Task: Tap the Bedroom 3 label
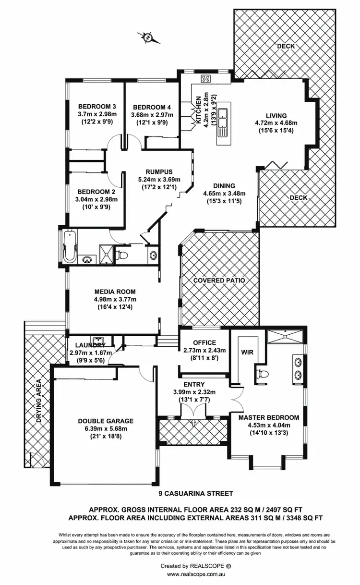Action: point(97,107)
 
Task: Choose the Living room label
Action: point(277,115)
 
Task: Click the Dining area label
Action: point(224,186)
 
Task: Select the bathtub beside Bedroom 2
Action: point(70,246)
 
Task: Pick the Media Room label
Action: point(115,292)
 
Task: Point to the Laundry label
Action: point(90,345)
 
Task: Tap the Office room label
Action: point(205,342)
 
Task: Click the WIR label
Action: point(247,352)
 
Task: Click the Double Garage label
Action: point(106,421)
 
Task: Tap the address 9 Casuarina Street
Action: point(196,493)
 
